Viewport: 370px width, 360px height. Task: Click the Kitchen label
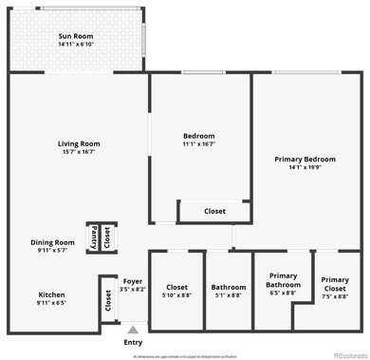coord(51,294)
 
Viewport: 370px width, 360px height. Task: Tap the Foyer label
coord(133,281)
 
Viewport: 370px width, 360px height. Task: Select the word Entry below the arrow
coord(134,343)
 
